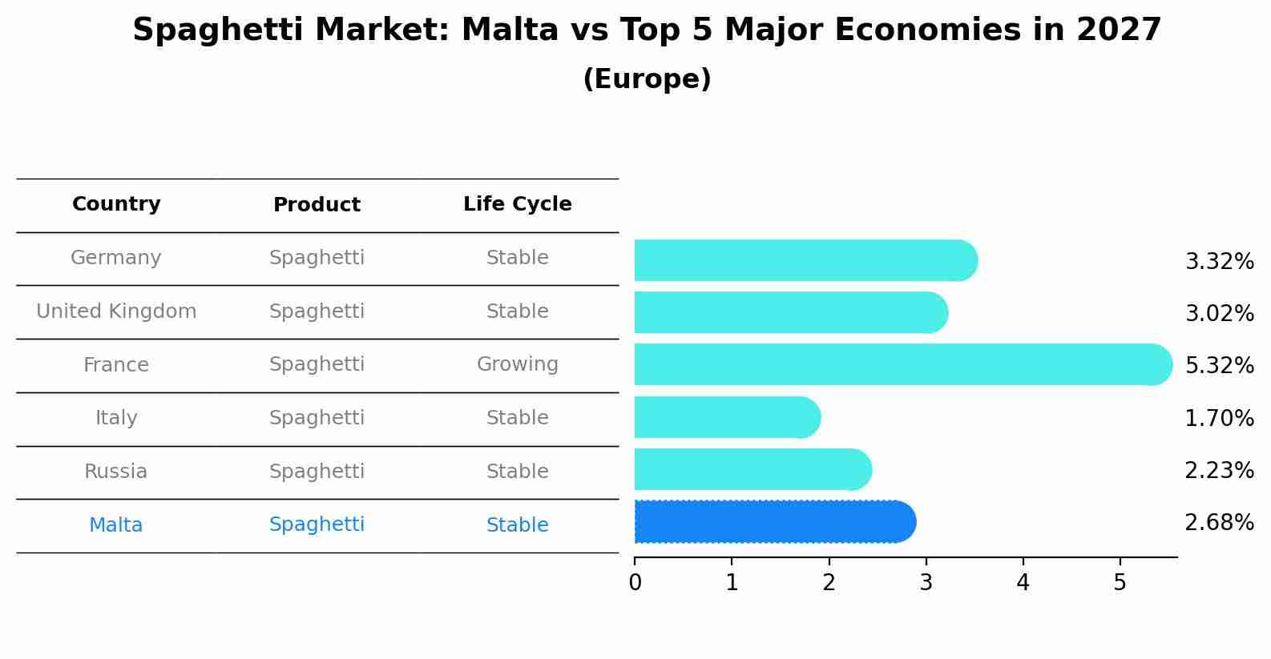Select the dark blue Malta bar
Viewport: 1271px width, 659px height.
pos(774,522)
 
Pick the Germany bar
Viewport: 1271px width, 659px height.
pos(805,260)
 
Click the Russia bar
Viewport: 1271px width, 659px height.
pos(753,469)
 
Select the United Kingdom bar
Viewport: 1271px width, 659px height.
pos(790,312)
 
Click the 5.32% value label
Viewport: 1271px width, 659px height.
pos(1219,365)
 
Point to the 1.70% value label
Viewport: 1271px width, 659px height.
pos(1219,418)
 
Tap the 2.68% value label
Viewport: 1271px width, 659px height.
pos(1219,523)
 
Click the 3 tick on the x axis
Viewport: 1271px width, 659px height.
pos(926,582)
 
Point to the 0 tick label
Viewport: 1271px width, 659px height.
pos(635,582)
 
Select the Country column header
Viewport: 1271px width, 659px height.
pos(116,204)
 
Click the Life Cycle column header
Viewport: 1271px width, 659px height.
pos(518,204)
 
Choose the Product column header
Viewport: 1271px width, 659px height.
pos(317,205)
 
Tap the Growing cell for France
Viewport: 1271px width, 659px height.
pos(518,364)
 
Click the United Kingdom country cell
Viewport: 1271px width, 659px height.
pos(116,311)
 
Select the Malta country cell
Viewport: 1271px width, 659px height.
pos(116,525)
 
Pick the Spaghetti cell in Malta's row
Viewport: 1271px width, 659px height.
pos(317,524)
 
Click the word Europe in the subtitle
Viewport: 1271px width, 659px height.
pos(647,79)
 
